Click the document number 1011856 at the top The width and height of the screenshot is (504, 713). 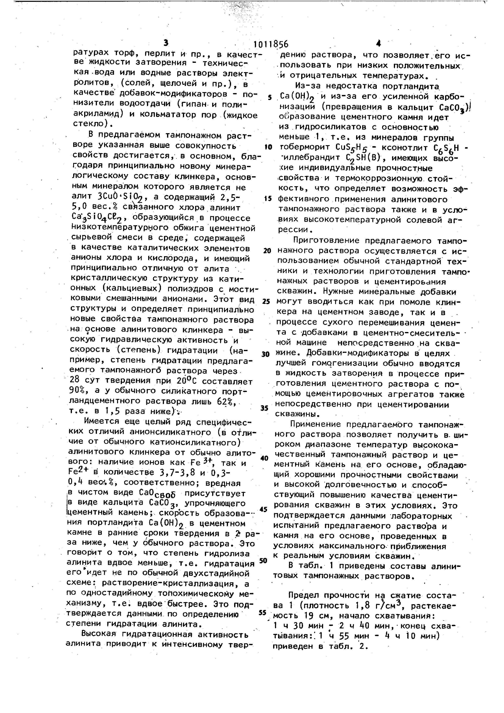(x=271, y=44)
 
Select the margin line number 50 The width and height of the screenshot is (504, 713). (x=264, y=561)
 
